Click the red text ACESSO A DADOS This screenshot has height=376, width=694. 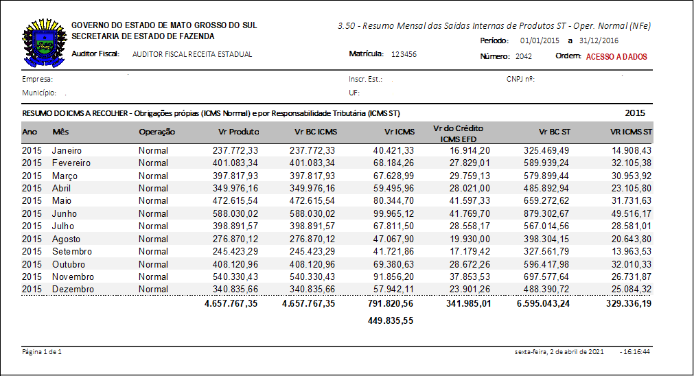pos(616,57)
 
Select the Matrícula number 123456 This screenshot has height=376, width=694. pos(404,54)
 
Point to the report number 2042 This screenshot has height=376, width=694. pos(524,57)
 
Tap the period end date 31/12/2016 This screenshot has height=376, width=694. pos(599,41)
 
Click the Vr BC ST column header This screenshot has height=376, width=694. pos(555,132)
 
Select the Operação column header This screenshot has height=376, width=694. pos(157,132)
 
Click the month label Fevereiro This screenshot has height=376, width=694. pos(71,163)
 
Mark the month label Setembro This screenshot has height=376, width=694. pos(71,251)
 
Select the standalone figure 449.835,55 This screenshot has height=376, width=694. pos(390,320)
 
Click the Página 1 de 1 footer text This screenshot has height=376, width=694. pos(42,351)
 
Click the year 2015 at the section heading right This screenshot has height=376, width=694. pos(634,113)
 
